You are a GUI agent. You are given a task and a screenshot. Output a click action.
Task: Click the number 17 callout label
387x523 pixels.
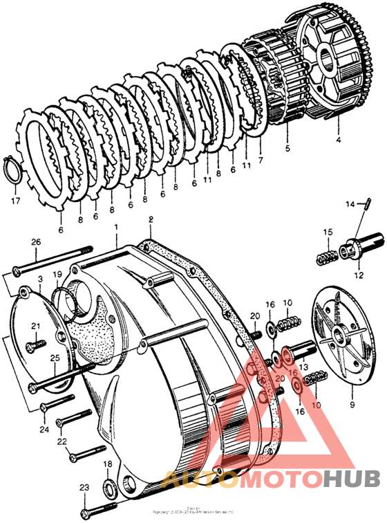click(14, 202)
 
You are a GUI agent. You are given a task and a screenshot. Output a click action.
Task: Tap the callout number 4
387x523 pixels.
click(338, 139)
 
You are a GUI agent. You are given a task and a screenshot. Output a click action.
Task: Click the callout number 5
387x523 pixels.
click(287, 147)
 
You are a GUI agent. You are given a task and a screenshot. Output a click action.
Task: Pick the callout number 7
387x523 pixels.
click(261, 160)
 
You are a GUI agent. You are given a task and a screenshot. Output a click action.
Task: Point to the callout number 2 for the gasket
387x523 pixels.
click(150, 219)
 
